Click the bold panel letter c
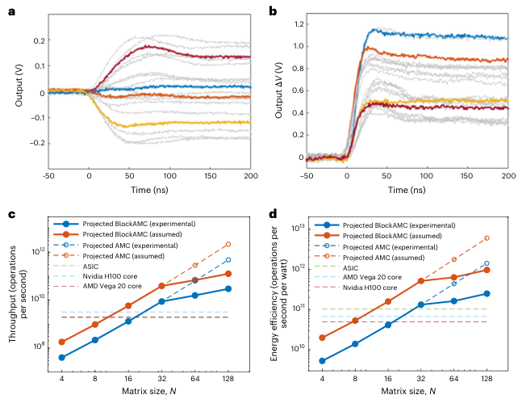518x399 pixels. point(11,215)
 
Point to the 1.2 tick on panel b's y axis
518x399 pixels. point(297,25)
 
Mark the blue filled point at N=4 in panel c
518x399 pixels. point(62,357)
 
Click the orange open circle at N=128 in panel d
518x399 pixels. point(487,238)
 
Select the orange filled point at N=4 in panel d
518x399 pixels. point(322,338)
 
